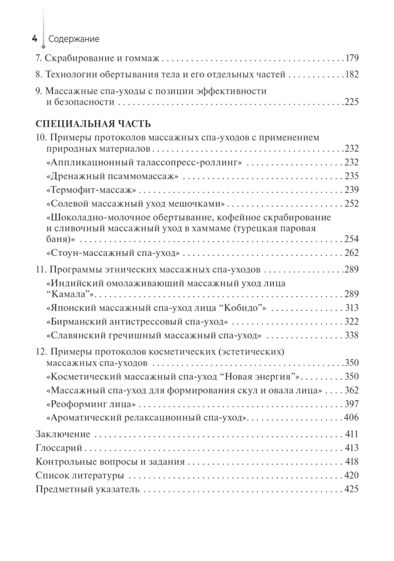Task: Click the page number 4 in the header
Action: pyautogui.click(x=34, y=39)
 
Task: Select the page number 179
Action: pyautogui.click(x=351, y=59)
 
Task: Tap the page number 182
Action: pyautogui.click(x=351, y=75)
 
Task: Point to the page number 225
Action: pyautogui.click(x=351, y=102)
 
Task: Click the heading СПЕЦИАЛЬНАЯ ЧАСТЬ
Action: pyautogui.click(x=93, y=124)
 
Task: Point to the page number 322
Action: pyautogui.click(x=351, y=322)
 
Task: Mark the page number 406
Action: pyautogui.click(x=351, y=417)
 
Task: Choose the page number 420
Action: pyautogui.click(x=351, y=476)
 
